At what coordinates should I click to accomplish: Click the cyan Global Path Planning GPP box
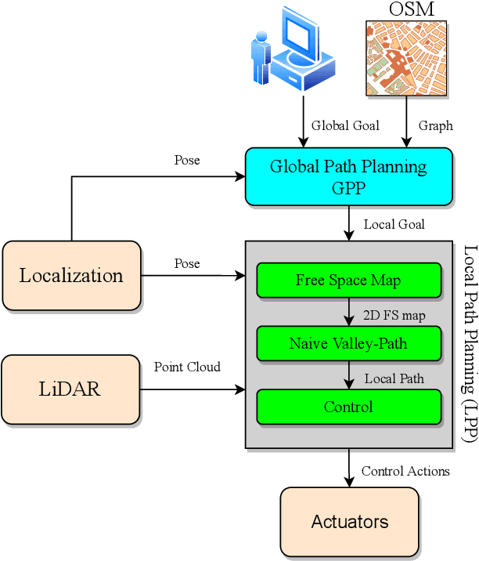coord(348,176)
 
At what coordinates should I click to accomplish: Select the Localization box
coord(71,276)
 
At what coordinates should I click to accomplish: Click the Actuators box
coord(349,522)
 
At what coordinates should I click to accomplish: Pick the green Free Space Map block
coord(348,280)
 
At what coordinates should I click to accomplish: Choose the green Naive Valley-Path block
coord(348,343)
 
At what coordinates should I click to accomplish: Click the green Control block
coord(348,407)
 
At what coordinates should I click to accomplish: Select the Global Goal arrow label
coord(345,125)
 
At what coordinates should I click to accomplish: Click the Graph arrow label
coord(435,125)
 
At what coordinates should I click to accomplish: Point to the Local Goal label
coord(394,225)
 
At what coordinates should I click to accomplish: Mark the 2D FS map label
coord(394,316)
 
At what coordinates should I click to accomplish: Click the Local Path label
coord(394,378)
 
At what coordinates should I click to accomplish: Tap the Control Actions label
coord(405,471)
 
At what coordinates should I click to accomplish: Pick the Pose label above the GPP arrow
coord(187,161)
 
